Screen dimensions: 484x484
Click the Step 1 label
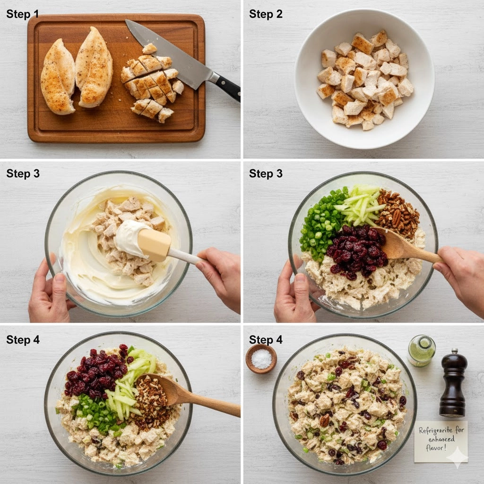coord(23,14)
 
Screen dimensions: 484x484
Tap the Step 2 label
coord(266,14)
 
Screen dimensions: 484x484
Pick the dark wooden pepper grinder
coord(453,383)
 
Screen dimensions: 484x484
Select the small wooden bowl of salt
coord(261,359)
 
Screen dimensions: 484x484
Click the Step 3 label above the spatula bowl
coord(23,173)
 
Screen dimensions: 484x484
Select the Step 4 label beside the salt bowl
coord(266,339)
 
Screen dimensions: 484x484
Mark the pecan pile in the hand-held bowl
coord(398,213)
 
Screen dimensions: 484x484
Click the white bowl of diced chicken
coord(364,79)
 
